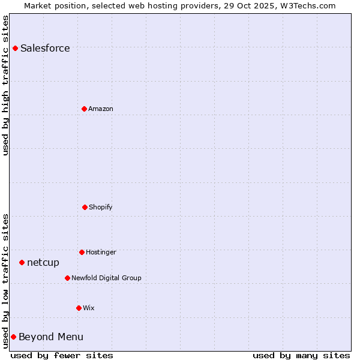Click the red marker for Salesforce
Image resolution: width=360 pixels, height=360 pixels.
point(15,48)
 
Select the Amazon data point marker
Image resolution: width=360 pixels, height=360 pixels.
point(84,109)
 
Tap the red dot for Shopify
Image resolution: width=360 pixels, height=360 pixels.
point(85,207)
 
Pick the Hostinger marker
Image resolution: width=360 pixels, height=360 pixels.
point(82,252)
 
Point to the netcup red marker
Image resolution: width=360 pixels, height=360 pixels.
point(22,262)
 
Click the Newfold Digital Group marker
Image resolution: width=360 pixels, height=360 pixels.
point(67,278)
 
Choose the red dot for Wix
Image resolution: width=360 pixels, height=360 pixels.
point(79,308)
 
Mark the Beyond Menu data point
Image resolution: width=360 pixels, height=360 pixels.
point(13,337)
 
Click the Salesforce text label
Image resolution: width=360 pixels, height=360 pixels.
point(45,48)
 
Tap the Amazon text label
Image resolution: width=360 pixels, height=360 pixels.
point(101,109)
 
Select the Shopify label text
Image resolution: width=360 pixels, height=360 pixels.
point(101,207)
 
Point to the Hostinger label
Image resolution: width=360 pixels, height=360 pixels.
point(101,252)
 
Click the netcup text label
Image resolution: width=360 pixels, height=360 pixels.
point(43,262)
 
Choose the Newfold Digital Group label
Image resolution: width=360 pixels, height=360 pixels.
point(106,278)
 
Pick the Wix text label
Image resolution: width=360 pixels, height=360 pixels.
point(89,308)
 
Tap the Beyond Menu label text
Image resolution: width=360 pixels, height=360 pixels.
point(51,337)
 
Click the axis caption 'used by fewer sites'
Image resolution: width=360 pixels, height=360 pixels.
point(62,355)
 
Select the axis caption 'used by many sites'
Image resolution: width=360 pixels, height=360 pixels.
point(301,355)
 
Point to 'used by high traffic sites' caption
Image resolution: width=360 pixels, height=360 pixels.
point(5,85)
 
